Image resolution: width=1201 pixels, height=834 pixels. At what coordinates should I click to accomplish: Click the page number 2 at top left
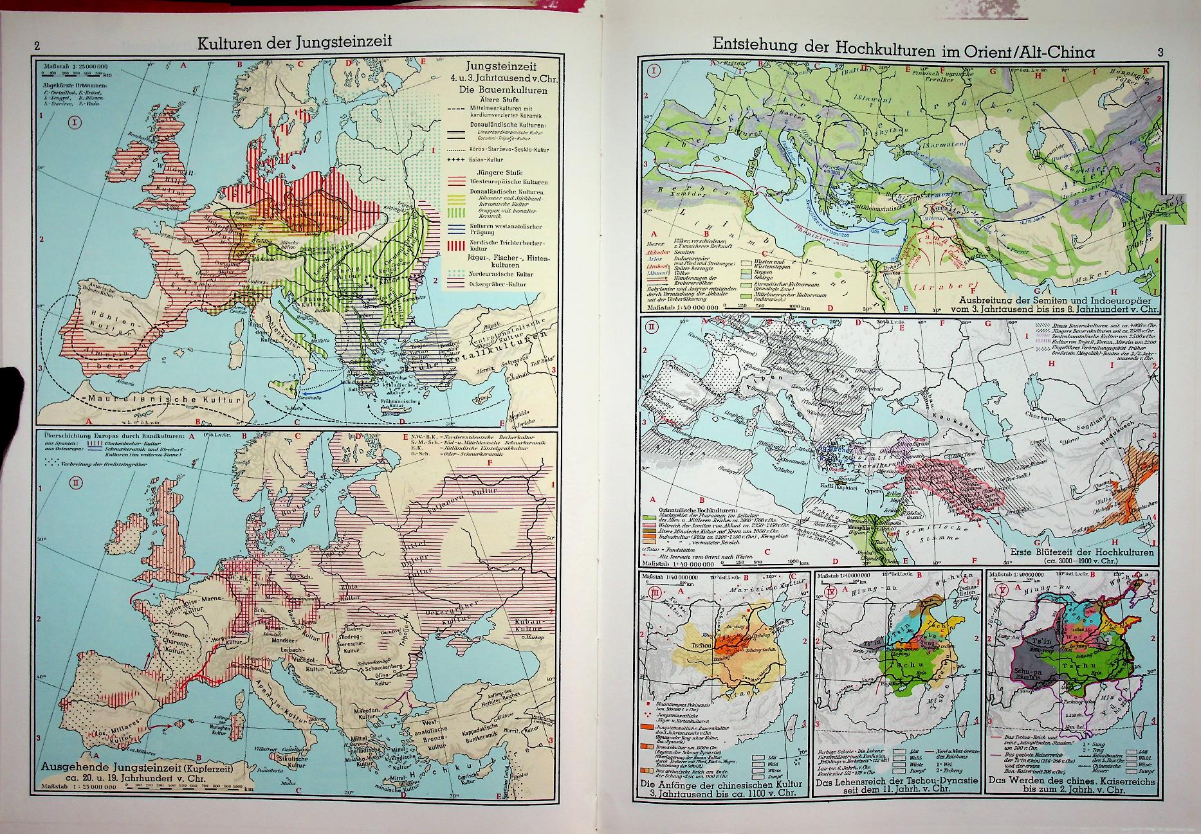(37, 46)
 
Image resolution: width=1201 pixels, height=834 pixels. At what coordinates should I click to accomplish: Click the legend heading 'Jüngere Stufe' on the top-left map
(490, 172)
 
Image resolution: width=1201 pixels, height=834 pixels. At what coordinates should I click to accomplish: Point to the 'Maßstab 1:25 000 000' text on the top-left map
(75, 65)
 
